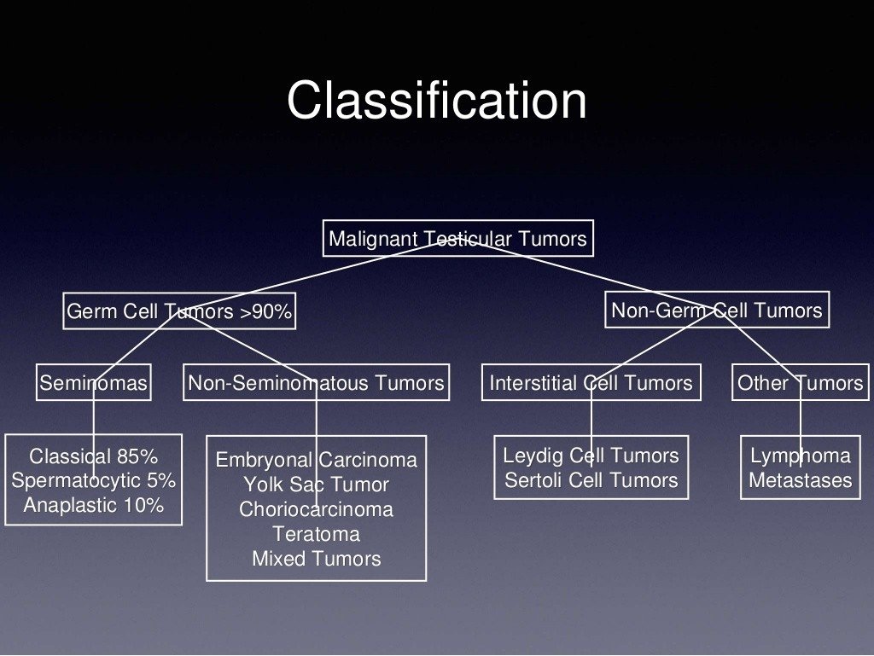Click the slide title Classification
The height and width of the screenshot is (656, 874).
point(436,101)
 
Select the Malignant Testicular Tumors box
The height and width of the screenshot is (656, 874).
point(457,239)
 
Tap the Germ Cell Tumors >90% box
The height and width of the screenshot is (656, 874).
point(179,312)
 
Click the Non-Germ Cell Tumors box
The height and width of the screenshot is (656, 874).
point(717,311)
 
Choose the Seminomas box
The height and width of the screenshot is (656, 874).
point(93,383)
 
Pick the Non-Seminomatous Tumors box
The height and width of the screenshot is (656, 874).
point(316,383)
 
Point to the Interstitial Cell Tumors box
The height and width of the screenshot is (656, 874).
point(591,383)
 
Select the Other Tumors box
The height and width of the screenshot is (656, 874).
point(800,383)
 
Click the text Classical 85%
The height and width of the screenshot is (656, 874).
point(93,456)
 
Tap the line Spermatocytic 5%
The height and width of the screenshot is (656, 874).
point(93,480)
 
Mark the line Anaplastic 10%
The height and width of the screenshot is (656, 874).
point(93,505)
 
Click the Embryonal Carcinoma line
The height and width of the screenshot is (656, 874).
point(316,461)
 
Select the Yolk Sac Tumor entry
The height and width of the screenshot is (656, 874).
point(316,485)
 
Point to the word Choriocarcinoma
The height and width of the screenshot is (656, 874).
point(316,510)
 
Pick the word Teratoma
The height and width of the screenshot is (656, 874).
point(316,535)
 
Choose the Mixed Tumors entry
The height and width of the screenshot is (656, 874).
point(316,560)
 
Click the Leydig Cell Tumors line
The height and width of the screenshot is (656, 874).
point(591,456)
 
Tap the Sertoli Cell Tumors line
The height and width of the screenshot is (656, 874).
point(591,480)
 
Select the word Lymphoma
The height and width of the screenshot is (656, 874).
point(800,456)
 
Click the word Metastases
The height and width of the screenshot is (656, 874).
point(800,480)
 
